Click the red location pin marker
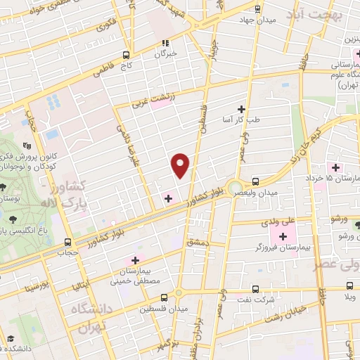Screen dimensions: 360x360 181,165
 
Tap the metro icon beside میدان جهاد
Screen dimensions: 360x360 257,9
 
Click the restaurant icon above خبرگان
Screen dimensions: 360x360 165,41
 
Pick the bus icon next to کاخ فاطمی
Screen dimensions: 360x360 127,55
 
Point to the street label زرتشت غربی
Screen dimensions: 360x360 151,101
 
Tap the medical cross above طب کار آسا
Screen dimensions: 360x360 241,109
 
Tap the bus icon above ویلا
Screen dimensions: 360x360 350,286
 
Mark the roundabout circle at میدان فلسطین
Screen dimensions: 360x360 178,293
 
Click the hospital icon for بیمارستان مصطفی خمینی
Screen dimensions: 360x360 135,261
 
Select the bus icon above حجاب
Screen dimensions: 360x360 68,240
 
